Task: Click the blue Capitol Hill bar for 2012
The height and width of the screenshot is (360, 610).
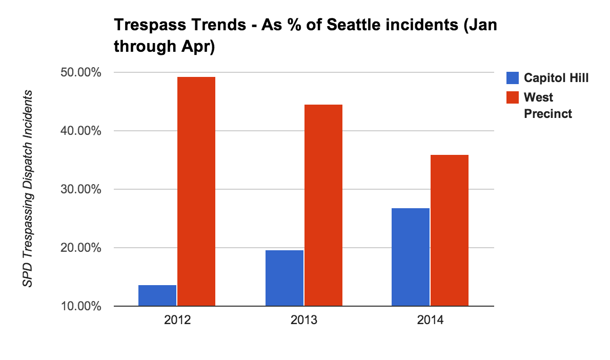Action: pyautogui.click(x=157, y=296)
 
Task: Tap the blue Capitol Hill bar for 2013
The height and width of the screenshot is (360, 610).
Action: pyautogui.click(x=284, y=278)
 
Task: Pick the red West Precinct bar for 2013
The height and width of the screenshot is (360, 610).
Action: pyautogui.click(x=323, y=205)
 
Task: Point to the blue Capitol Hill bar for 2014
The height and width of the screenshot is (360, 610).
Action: pyautogui.click(x=411, y=257)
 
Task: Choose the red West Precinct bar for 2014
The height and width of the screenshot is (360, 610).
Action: pyautogui.click(x=450, y=230)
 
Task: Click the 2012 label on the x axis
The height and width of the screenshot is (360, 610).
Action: pyautogui.click(x=177, y=322)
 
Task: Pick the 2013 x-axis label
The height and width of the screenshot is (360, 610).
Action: pyautogui.click(x=304, y=322)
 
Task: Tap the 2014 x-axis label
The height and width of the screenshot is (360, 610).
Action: pyautogui.click(x=431, y=322)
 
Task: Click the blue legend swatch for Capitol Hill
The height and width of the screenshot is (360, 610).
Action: pyautogui.click(x=512, y=78)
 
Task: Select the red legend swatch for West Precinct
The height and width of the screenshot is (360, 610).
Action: pyautogui.click(x=512, y=97)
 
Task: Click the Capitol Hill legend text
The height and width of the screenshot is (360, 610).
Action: pyautogui.click(x=556, y=78)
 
